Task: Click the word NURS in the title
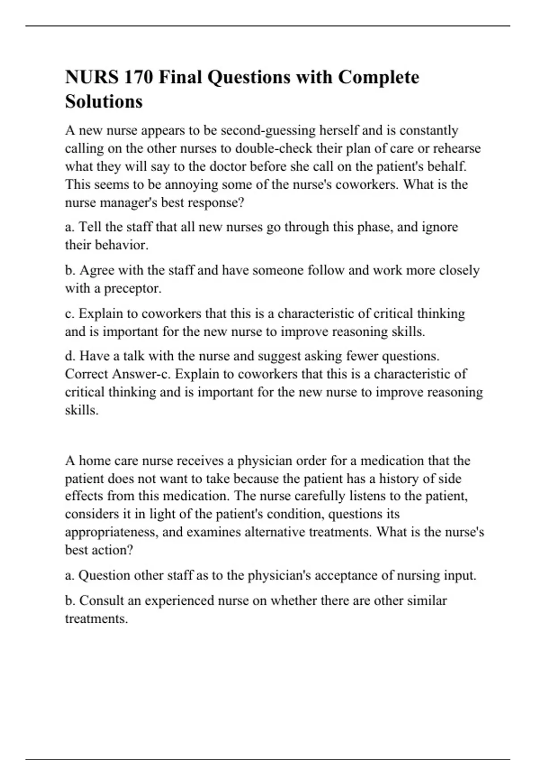click(x=92, y=77)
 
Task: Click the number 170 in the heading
click(x=138, y=77)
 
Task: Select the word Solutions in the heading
click(x=104, y=101)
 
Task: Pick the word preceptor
click(x=133, y=288)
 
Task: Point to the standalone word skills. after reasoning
click(x=81, y=410)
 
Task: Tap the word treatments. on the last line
click(x=96, y=619)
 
